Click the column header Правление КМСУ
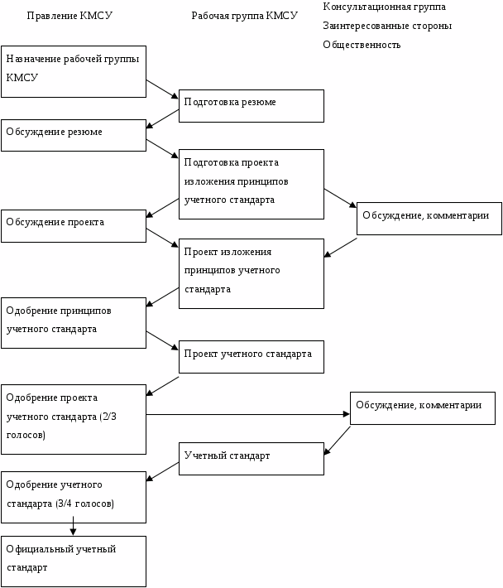69,16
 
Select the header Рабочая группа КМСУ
244,16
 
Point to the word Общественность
362,45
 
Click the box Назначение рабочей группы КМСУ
74,68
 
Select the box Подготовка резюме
251,105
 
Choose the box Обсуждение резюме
74,135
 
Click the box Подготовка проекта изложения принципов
251,184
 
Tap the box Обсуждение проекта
74,225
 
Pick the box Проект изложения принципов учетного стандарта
251,273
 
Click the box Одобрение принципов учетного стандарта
74,322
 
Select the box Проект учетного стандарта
251,356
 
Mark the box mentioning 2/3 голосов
74,419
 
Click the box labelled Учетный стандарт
251,458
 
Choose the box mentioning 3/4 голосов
74,497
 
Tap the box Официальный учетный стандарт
74,561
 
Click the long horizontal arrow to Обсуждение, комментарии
248,413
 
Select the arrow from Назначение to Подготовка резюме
162,89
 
